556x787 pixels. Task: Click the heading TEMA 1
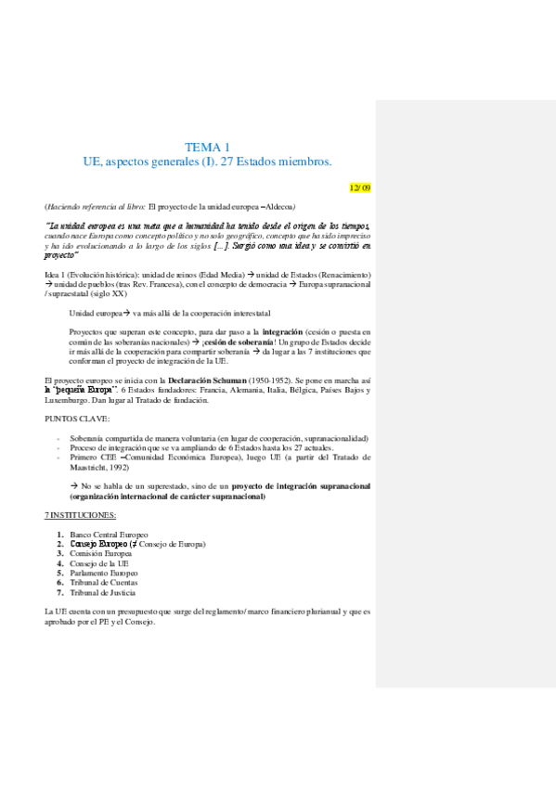207,148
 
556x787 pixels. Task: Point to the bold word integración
290,330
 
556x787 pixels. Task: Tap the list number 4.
60,563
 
